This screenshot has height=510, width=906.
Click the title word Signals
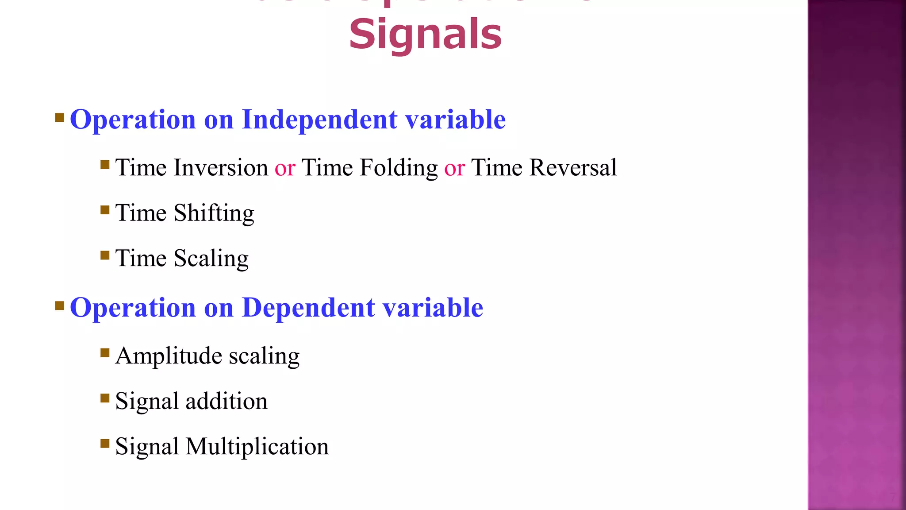[x=425, y=35]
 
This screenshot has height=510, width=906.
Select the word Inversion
[x=221, y=168]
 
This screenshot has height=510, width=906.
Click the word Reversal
[x=573, y=168]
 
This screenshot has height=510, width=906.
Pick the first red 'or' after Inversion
[x=285, y=169]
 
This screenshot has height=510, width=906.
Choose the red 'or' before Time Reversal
[x=454, y=169]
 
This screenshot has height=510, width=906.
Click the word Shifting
[x=214, y=213]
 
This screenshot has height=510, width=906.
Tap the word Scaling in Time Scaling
[x=211, y=259]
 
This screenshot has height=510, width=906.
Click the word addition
[x=226, y=401]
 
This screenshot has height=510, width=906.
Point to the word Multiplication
[x=257, y=446]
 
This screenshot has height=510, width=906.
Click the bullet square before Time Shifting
[x=105, y=209]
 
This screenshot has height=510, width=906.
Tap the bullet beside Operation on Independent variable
[x=60, y=117]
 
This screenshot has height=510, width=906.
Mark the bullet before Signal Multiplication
[x=105, y=443]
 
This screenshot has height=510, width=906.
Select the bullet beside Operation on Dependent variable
[x=60, y=305]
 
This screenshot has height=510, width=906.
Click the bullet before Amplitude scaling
[x=105, y=352]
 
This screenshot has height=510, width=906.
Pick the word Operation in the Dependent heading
[x=133, y=308]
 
